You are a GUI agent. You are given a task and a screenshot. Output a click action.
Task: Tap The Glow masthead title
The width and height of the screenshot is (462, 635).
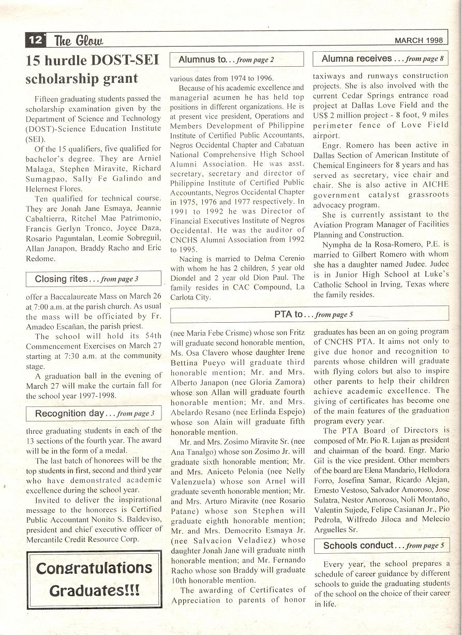pyautogui.click(x=79, y=40)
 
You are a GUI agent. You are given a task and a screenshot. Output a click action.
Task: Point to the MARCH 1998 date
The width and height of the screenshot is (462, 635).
pyautogui.click(x=419, y=40)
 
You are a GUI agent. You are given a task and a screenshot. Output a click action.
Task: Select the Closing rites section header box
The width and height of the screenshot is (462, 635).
pyautogui.click(x=94, y=279)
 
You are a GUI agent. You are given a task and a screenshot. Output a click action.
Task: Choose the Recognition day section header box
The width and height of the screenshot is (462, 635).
pyautogui.click(x=94, y=413)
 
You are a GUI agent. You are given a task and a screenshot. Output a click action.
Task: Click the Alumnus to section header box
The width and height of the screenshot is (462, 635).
pyautogui.click(x=236, y=59)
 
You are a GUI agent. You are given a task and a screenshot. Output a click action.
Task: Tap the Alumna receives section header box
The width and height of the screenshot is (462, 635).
pyautogui.click(x=381, y=59)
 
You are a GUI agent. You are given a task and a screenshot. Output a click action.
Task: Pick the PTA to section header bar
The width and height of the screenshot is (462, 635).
pyautogui.click(x=309, y=314)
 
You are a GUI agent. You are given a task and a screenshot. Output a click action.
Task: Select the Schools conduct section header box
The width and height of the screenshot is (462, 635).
pyautogui.click(x=381, y=546)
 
